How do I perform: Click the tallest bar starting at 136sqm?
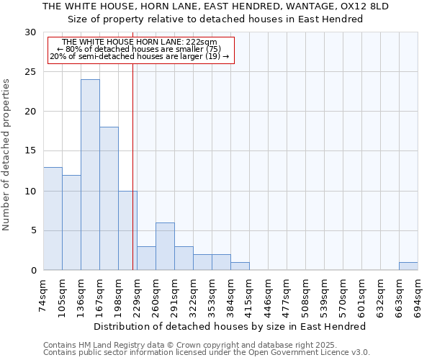[90, 175]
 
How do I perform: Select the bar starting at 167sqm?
[109, 199]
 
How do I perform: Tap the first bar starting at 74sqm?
[53, 218]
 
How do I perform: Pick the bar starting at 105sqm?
[71, 222]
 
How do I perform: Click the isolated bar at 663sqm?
[408, 266]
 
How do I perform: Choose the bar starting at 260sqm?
[165, 246]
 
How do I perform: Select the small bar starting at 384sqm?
[240, 266]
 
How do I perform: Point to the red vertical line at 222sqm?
[133, 166]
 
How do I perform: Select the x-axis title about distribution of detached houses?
[230, 326]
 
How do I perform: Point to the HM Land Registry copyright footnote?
[180, 345]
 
